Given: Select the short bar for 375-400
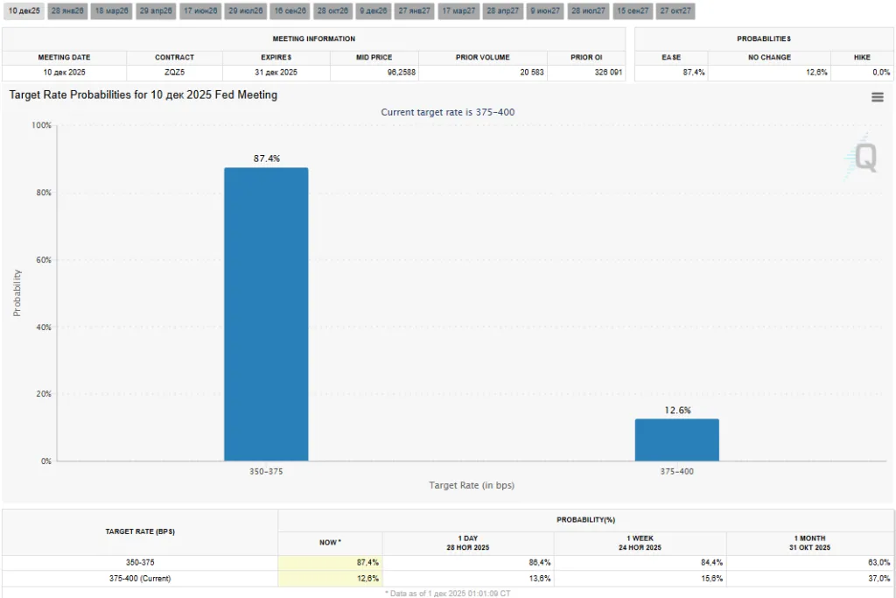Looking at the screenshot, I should pos(676,440).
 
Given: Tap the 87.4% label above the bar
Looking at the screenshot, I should pos(266,158).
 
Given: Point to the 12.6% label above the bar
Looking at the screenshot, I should pos(676,410).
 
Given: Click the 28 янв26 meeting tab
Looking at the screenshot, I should pos(67,11).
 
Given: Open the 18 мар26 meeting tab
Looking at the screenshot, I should pos(111,11).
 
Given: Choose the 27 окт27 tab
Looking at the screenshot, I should pos(675,11).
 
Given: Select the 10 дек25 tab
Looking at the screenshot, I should pos(24,11).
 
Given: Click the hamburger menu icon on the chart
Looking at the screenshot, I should pos(878,97).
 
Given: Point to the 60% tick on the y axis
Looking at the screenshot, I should pos(42,260).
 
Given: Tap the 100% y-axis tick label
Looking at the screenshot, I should pos(41,125).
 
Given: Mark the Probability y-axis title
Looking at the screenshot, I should pos(17,292).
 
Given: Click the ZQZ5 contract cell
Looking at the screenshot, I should pos(174,73).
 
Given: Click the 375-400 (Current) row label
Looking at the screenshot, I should pos(140,578).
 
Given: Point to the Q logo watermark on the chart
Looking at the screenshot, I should pos(863,158).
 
